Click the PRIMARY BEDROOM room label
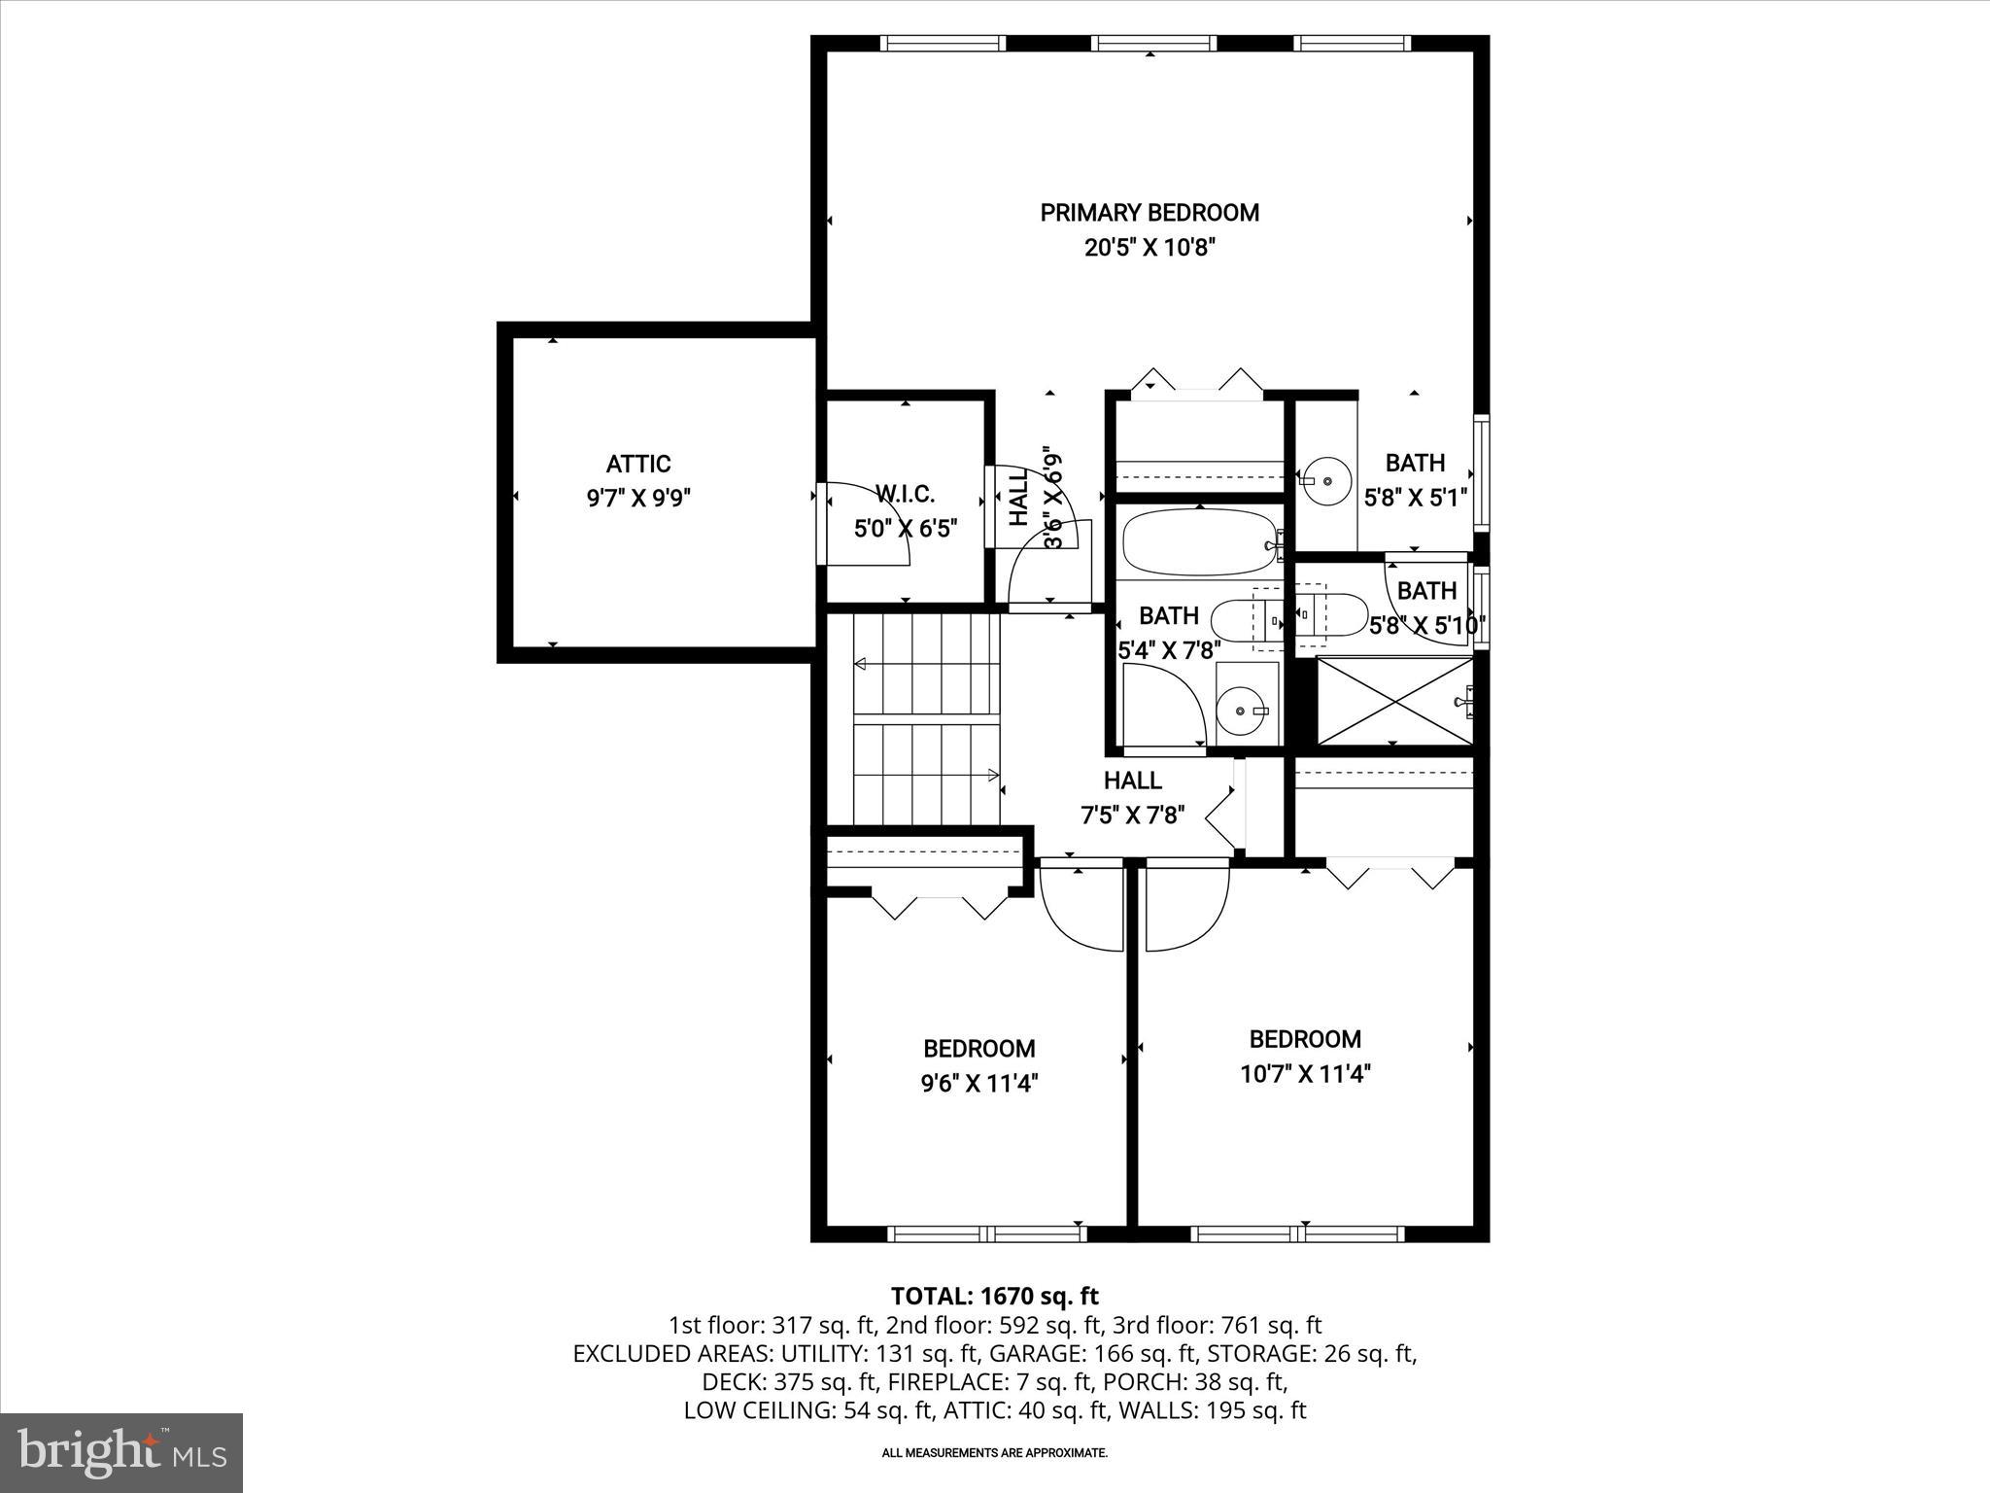point(1149,213)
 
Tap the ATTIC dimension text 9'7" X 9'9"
point(638,499)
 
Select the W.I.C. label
point(905,494)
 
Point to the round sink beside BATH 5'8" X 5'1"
point(1325,480)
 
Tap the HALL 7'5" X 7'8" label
point(1132,797)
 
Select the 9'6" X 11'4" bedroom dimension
point(978,1083)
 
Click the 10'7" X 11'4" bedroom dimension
point(1304,1074)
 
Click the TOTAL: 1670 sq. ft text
point(994,1296)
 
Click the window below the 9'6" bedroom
point(986,1233)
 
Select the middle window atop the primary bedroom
point(1152,43)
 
